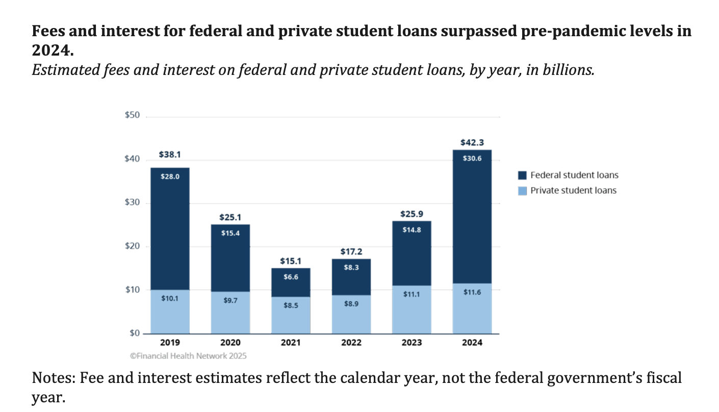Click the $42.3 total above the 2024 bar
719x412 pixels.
472,143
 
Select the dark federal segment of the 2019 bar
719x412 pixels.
170,229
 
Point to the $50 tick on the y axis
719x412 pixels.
132,116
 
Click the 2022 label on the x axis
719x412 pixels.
351,343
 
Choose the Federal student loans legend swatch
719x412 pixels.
522,175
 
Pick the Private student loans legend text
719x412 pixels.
573,191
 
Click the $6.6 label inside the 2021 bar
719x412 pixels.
291,277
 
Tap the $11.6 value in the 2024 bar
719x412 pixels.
472,293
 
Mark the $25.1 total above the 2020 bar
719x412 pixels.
230,217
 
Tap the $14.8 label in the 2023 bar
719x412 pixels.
411,229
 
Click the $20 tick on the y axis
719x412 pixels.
132,247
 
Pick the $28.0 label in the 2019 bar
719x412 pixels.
170,176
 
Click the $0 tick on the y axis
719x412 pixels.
134,333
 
